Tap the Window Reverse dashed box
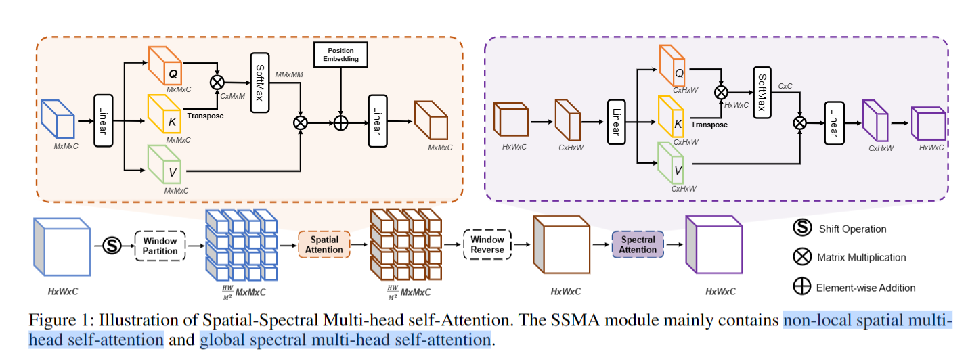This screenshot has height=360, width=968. coord(487,245)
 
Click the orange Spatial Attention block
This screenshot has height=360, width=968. coord(324,245)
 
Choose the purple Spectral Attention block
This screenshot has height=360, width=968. coord(638,244)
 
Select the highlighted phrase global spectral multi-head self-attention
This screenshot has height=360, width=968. coord(345,339)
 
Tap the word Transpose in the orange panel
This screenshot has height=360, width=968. coord(204,116)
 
